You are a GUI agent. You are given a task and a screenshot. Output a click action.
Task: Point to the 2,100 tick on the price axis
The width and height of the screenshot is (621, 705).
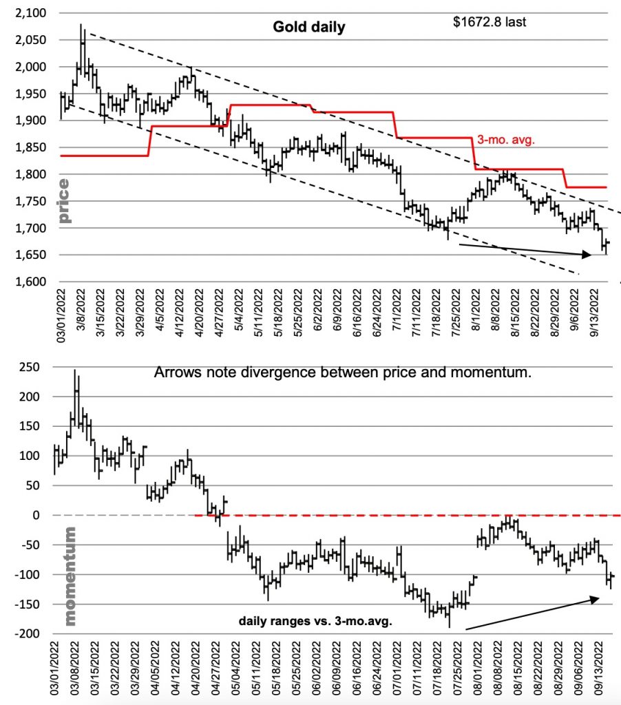(x=30, y=14)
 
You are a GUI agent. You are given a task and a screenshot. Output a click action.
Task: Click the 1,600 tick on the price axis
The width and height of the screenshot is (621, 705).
(x=30, y=282)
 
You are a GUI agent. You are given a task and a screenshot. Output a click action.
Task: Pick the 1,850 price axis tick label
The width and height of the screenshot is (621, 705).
(x=30, y=148)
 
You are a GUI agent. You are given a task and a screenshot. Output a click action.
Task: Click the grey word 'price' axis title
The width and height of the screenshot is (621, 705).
(x=64, y=201)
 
